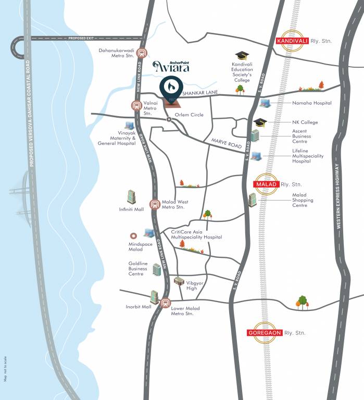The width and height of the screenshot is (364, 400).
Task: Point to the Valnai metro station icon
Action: (x=136, y=105)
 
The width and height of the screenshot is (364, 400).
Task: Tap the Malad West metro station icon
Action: (x=155, y=204)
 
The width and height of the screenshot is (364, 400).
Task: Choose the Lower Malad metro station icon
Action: (x=166, y=302)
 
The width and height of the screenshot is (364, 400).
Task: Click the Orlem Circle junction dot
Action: (x=169, y=120)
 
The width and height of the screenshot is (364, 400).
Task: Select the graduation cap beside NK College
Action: (x=260, y=122)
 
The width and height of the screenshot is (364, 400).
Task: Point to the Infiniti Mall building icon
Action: (x=131, y=197)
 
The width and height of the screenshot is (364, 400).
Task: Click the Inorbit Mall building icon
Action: (x=154, y=297)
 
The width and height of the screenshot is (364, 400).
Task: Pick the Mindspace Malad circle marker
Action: (x=133, y=235)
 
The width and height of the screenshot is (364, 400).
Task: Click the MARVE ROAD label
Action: (x=225, y=143)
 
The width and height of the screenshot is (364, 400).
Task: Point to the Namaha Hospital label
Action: (x=312, y=103)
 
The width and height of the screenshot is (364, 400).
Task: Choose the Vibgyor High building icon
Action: (x=179, y=281)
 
